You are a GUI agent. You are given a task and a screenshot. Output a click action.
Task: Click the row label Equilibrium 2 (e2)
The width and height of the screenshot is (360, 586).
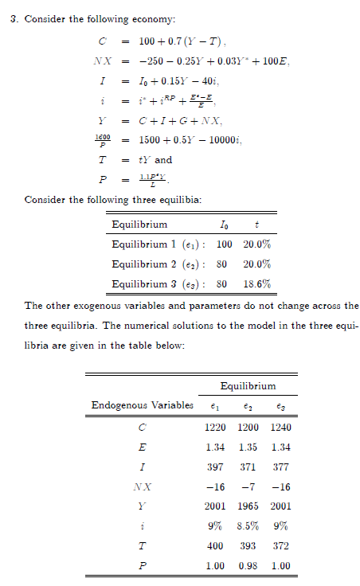(x=158, y=263)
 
